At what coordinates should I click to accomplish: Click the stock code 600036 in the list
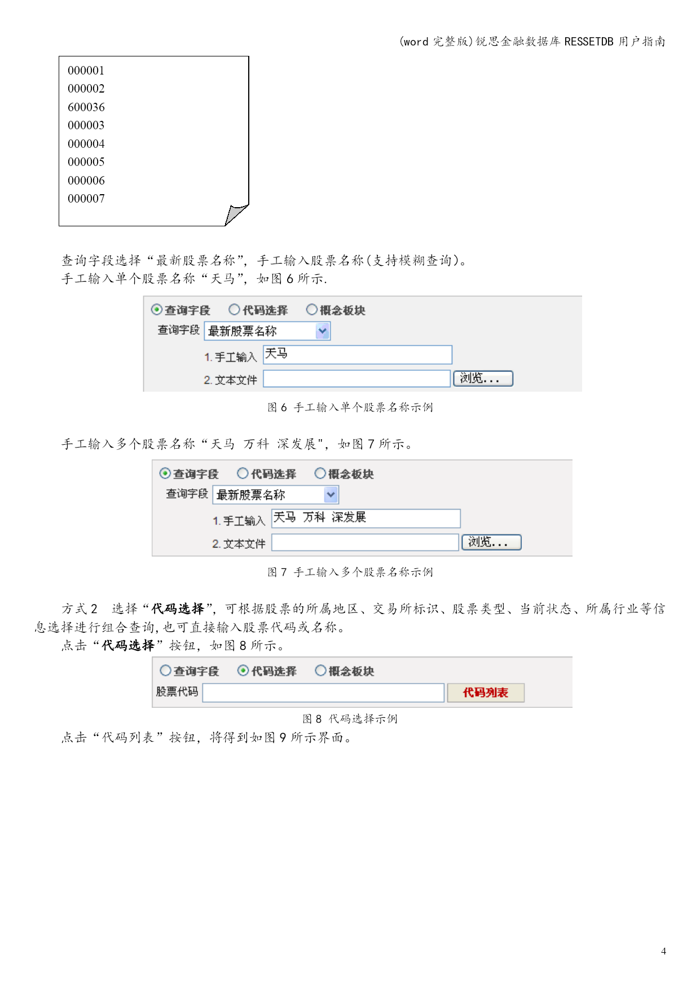coord(86,107)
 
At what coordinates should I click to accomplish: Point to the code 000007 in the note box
coord(86,199)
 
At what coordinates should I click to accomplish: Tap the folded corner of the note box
coord(236,214)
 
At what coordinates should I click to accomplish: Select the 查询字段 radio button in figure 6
coord(157,309)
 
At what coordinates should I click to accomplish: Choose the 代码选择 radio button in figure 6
coord(234,309)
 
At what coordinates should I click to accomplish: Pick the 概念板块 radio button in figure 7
coord(320,473)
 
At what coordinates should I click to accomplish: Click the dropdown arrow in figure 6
coord(322,331)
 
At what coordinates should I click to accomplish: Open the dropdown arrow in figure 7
coord(331,495)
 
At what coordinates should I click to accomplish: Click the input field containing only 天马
coord(358,354)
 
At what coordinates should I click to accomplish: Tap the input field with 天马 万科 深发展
coord(366,518)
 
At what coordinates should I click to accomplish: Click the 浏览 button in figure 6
coord(483,378)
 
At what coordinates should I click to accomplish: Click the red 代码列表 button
coord(486,693)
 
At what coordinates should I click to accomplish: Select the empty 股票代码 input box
coord(323,693)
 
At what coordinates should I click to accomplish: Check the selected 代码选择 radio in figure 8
coord(243,670)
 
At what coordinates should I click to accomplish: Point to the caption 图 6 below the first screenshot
coord(277,407)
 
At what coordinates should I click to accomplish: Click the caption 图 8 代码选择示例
coord(350,719)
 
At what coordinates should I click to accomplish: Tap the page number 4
coord(663,951)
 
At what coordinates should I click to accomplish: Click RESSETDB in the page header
coord(588,41)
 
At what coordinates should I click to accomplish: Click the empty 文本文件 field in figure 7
coord(366,542)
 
